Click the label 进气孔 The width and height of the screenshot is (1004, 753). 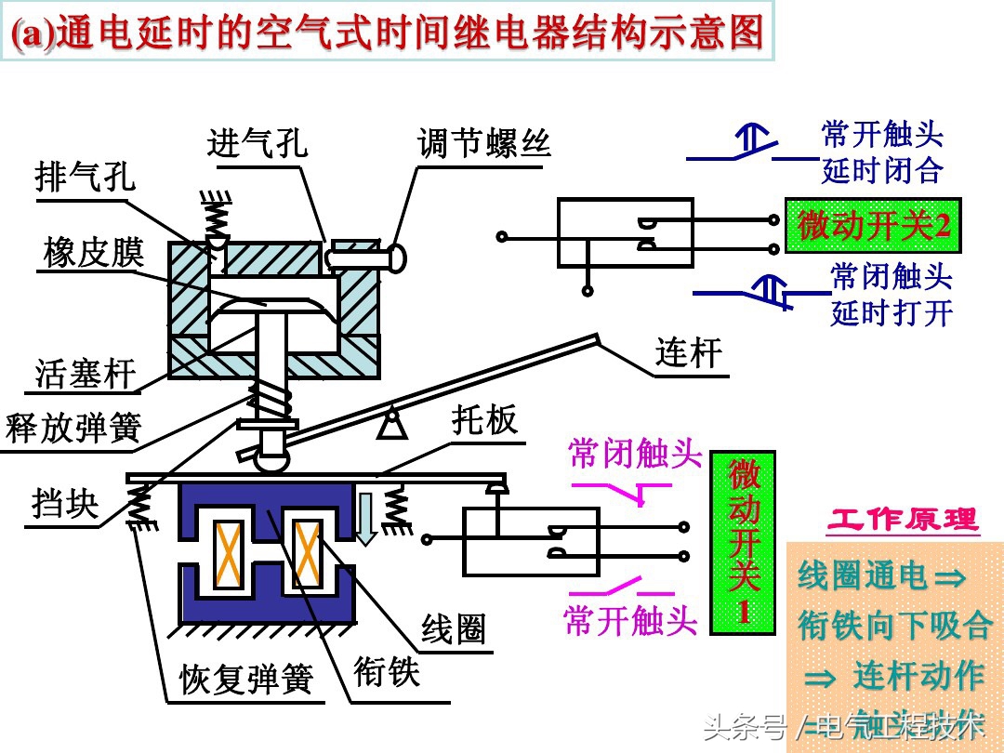[258, 144]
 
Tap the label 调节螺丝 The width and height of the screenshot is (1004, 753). [484, 144]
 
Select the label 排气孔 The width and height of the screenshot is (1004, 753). [85, 176]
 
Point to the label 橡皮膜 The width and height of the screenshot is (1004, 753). [94, 252]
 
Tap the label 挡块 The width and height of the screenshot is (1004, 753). [64, 504]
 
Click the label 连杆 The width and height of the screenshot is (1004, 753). [689, 352]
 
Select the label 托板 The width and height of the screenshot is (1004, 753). [484, 421]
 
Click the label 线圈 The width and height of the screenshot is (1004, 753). [454, 629]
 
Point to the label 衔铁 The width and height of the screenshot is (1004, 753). [387, 670]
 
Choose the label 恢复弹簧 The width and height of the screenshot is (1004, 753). [245, 680]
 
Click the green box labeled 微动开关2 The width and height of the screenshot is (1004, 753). [873, 226]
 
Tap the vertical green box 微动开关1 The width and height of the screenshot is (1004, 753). [744, 542]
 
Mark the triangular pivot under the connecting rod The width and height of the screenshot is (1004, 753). [391, 424]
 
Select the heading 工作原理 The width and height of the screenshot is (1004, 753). [903, 520]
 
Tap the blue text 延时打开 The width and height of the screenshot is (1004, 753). [892, 312]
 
